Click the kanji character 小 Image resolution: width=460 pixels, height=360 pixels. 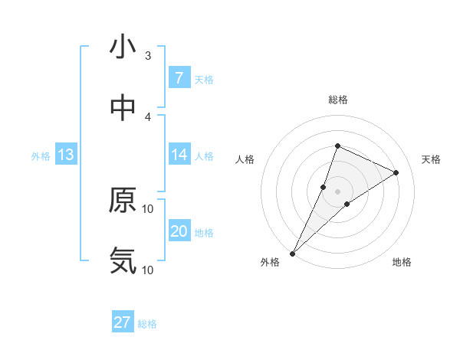pos(123,47)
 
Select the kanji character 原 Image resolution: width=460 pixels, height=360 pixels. pos(123,201)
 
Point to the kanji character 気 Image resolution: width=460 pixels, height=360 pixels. pos(123,261)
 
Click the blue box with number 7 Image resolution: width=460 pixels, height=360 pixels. pos(179,77)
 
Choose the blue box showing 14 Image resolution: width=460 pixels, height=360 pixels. pos(179,155)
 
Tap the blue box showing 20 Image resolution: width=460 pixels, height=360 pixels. pos(179,231)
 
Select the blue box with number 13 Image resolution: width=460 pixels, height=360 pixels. pos(66,155)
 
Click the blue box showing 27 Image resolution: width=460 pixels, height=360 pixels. pos(123,322)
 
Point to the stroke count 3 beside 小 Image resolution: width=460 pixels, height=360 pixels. pos(148,56)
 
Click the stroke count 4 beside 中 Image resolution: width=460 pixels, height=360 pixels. pos(148,117)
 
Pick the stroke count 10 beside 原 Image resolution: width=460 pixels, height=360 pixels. pos(148,208)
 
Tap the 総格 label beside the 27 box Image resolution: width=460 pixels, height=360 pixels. pos(147,323)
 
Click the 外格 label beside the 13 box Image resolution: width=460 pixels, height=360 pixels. pos(41,155)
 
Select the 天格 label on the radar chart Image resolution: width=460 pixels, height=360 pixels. pos(432,159)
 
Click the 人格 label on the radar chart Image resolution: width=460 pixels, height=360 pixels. pos(245,159)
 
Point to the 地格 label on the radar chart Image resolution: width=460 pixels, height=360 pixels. pos(402,262)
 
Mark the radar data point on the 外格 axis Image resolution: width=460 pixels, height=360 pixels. pos(293,253)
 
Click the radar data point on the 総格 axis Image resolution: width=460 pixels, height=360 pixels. pos(337,146)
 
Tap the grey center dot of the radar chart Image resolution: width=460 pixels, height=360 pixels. pos(337,191)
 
